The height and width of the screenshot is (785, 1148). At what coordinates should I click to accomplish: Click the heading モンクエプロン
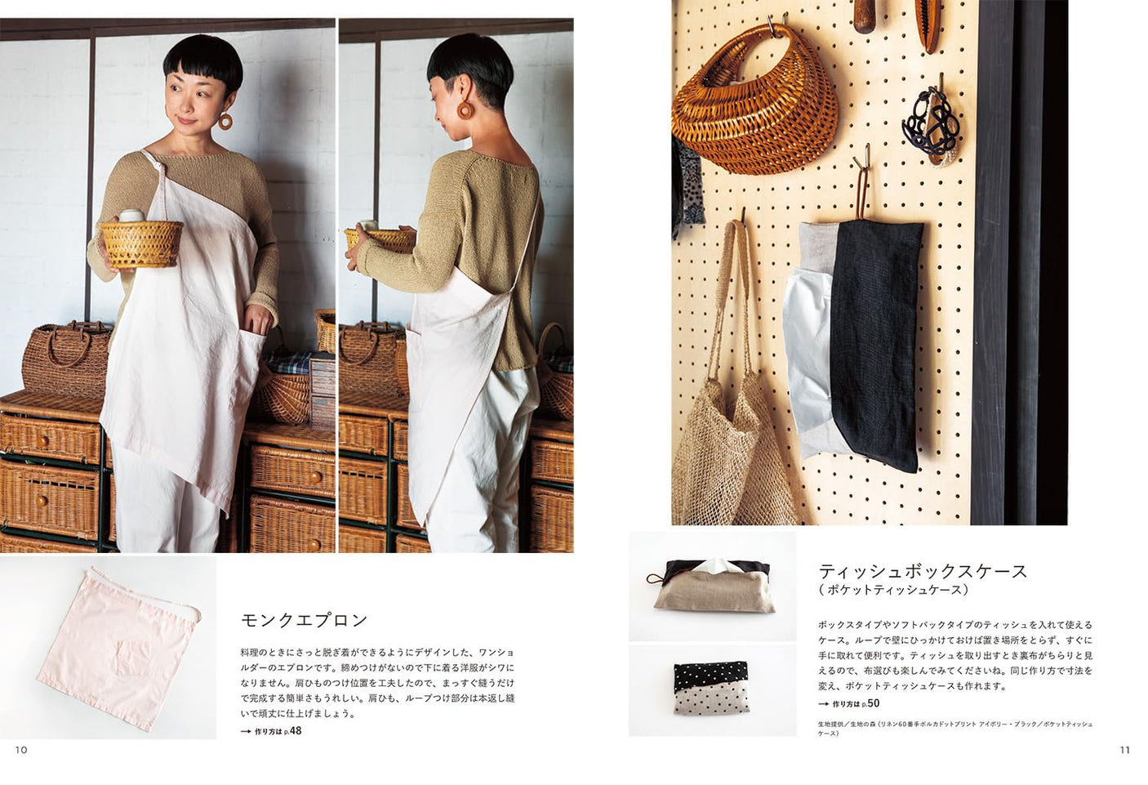305,620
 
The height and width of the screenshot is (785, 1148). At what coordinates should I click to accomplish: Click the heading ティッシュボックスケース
923,571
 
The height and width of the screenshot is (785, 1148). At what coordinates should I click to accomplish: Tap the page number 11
1124,749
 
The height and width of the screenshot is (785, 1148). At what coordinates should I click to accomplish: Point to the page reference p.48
292,731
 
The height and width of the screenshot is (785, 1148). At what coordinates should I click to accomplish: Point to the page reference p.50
870,703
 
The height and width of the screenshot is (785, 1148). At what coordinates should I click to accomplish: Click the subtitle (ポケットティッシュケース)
894,590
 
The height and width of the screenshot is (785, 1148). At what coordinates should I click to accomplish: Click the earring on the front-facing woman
225,121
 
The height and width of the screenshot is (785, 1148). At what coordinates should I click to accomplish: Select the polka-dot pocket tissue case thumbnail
711,687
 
